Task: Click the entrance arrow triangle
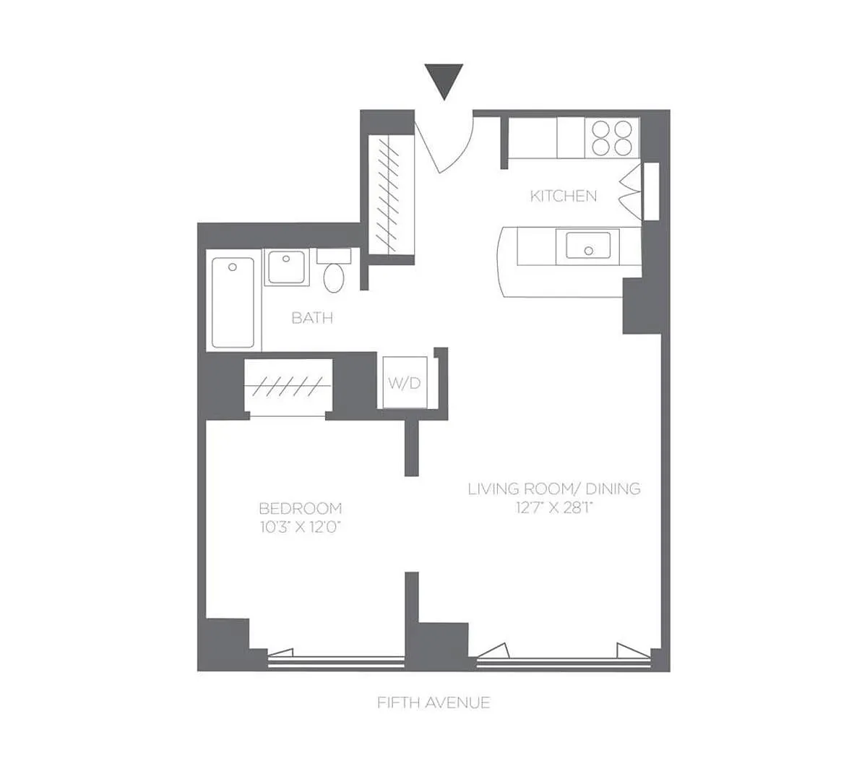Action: pos(444,82)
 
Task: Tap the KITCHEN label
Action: pos(563,196)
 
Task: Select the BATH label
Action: pos(312,318)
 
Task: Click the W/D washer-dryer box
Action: pos(405,382)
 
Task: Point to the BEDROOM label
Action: pos(301,509)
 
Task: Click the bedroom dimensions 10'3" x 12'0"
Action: pos(301,528)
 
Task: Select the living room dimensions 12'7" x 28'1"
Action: pos(554,508)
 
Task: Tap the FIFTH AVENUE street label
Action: pos(433,703)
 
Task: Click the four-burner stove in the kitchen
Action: pos(611,138)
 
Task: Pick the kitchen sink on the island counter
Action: pos(588,246)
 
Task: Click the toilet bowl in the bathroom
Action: pos(334,278)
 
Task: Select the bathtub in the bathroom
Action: pos(233,303)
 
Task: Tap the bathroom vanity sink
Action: pos(286,267)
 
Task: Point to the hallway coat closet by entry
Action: pos(392,195)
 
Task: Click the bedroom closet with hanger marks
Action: pos(288,387)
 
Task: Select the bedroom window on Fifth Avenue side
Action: pos(336,663)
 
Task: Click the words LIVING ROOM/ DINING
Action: pos(554,489)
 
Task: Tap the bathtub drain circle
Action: pos(233,267)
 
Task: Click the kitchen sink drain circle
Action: pos(588,251)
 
